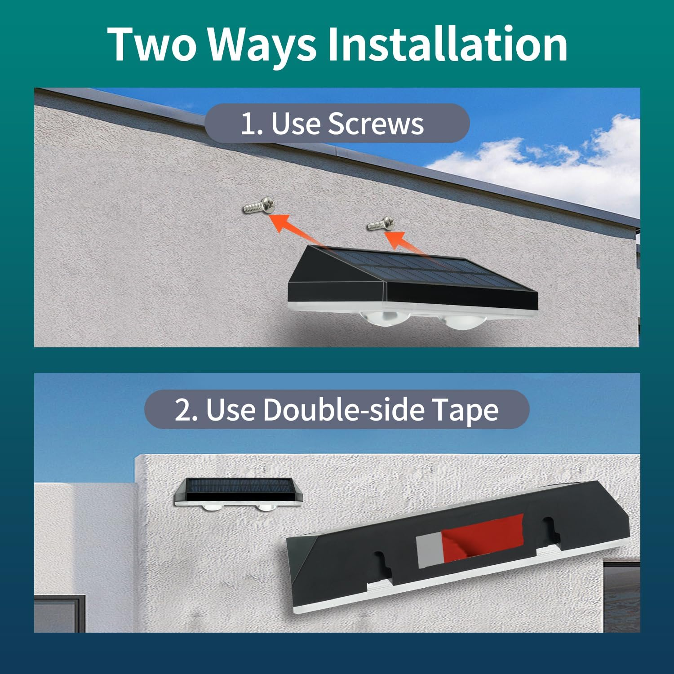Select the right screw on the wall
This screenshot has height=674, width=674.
tap(381, 223)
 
